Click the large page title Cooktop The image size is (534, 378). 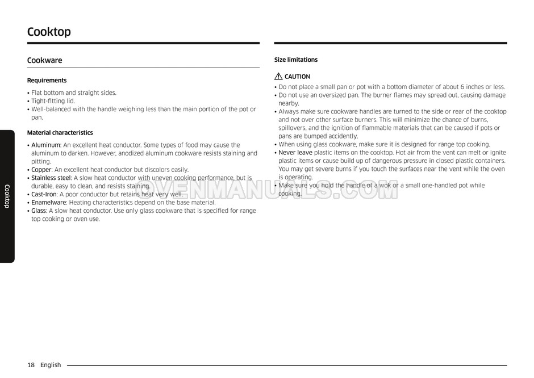[x=49, y=32]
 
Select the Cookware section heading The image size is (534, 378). [x=45, y=60]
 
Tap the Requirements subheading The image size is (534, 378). [x=47, y=81]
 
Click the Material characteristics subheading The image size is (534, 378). [x=60, y=133]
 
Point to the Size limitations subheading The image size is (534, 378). [x=296, y=60]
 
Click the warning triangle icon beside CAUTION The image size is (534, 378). [x=278, y=77]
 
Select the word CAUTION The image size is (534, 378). [x=297, y=77]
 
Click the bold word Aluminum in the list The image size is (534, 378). [x=45, y=145]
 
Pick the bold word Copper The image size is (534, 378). [x=41, y=170]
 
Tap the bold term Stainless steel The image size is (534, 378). [x=51, y=178]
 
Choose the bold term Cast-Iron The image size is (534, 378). [x=44, y=194]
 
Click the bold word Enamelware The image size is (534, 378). [x=49, y=203]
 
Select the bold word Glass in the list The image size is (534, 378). [x=39, y=211]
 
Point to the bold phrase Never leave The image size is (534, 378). [x=295, y=153]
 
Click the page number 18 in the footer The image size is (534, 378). [x=31, y=365]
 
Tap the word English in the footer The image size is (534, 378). [x=51, y=365]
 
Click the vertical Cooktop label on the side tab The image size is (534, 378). [x=7, y=196]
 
